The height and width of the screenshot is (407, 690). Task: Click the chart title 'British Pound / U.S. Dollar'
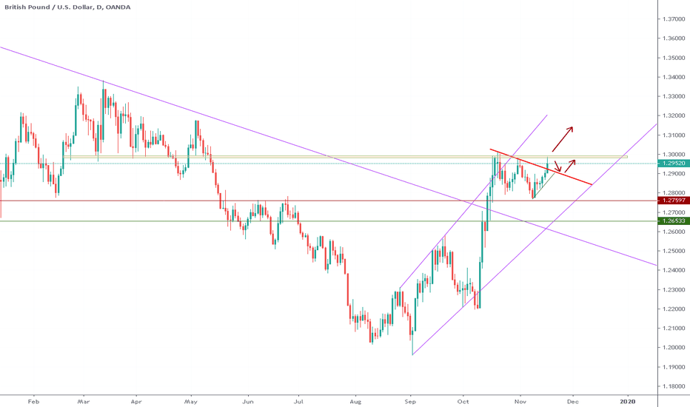[49, 7]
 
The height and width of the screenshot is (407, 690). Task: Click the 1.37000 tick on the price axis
[673, 19]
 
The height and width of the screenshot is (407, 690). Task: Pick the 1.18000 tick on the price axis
[673, 386]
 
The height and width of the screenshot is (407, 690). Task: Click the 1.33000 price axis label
[673, 96]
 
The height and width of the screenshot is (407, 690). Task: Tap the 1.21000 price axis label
[673, 328]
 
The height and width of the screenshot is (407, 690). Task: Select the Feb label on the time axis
[32, 400]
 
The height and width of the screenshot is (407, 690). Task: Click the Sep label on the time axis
[409, 400]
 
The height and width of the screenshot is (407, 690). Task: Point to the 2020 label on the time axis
[627, 400]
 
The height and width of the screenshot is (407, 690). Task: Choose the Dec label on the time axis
[572, 400]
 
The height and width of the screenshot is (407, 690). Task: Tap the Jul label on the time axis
[298, 400]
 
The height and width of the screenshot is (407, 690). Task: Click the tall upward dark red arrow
[563, 138]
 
